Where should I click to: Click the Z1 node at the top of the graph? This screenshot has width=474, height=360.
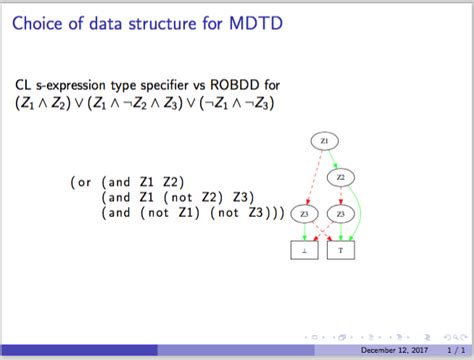[324, 141]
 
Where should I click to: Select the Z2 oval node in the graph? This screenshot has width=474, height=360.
[340, 178]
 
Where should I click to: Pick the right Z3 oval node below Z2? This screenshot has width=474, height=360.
[340, 214]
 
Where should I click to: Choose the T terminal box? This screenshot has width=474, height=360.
[340, 251]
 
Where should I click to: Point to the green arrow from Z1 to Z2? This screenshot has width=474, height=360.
[333, 160]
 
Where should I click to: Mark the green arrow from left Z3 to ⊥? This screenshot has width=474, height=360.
[304, 233]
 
